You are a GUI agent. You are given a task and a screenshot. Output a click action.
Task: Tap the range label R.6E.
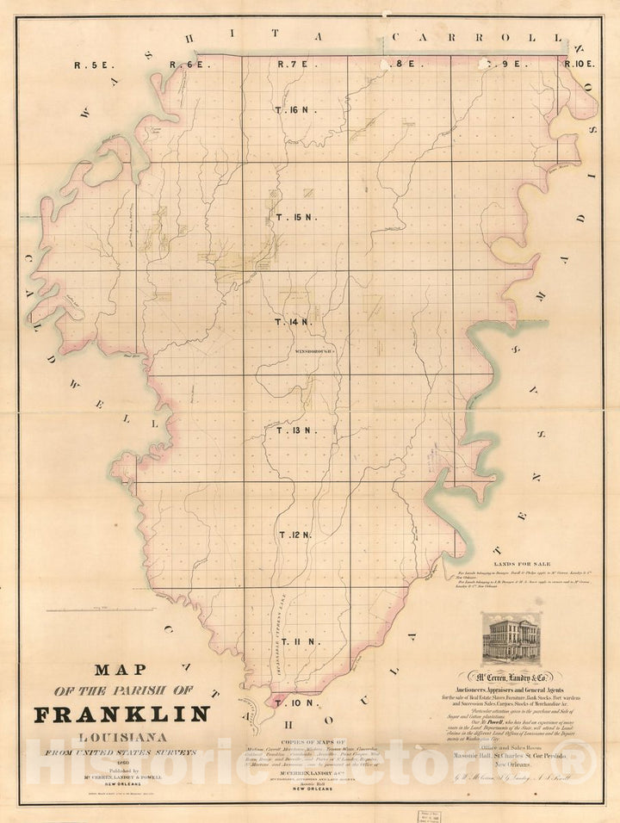[x=189, y=64]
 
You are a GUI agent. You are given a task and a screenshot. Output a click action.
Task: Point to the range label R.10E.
[x=579, y=63]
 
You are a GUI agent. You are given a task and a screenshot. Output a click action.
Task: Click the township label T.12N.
[x=294, y=535]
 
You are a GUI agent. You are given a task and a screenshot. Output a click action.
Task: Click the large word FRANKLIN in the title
[x=121, y=714]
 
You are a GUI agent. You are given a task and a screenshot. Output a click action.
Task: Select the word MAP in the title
[x=121, y=669]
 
